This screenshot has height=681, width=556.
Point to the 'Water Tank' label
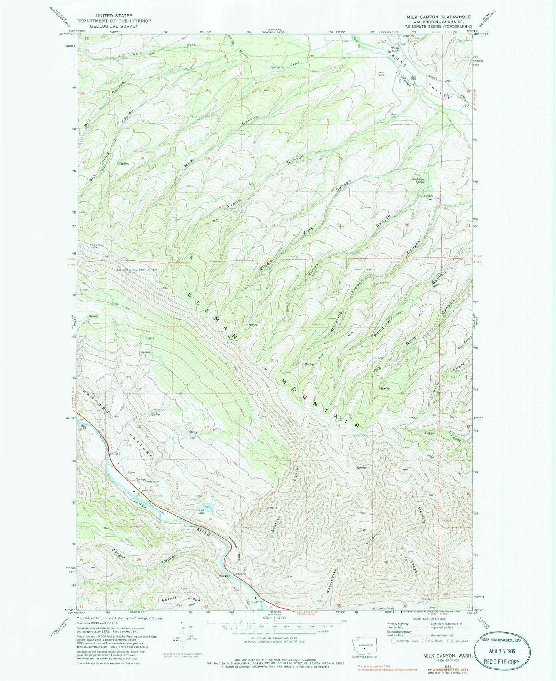point(153,481)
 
